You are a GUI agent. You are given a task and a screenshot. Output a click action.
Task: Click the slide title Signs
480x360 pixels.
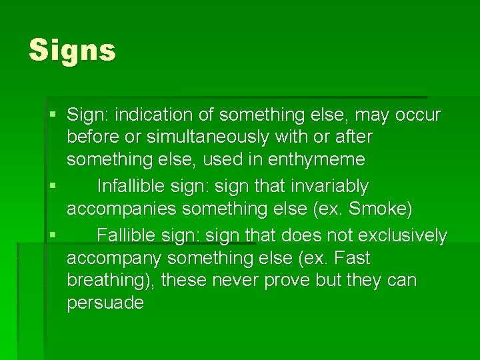click(72, 51)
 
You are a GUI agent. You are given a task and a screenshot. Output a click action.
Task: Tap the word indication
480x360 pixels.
click(156, 115)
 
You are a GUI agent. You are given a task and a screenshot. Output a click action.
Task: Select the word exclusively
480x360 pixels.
click(402, 235)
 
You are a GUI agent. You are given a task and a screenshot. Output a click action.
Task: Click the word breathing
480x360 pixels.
click(109, 281)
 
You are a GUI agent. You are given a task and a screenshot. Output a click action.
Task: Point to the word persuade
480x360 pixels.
click(105, 303)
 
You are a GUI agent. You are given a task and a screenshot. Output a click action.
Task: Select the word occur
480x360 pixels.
click(418, 115)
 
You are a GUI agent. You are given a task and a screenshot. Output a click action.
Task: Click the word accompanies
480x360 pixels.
click(122, 209)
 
